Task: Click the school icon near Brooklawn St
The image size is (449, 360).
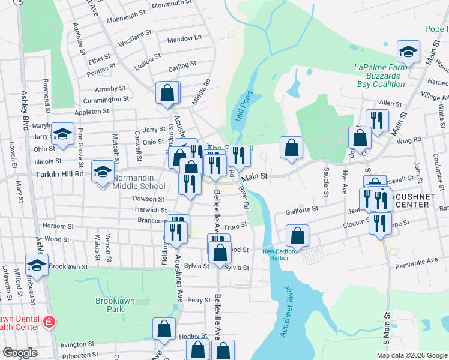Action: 37,265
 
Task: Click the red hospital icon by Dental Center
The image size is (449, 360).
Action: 49,323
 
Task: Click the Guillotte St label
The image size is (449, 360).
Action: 301,209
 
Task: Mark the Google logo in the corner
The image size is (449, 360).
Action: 20,353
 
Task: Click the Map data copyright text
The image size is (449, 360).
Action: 412,355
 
